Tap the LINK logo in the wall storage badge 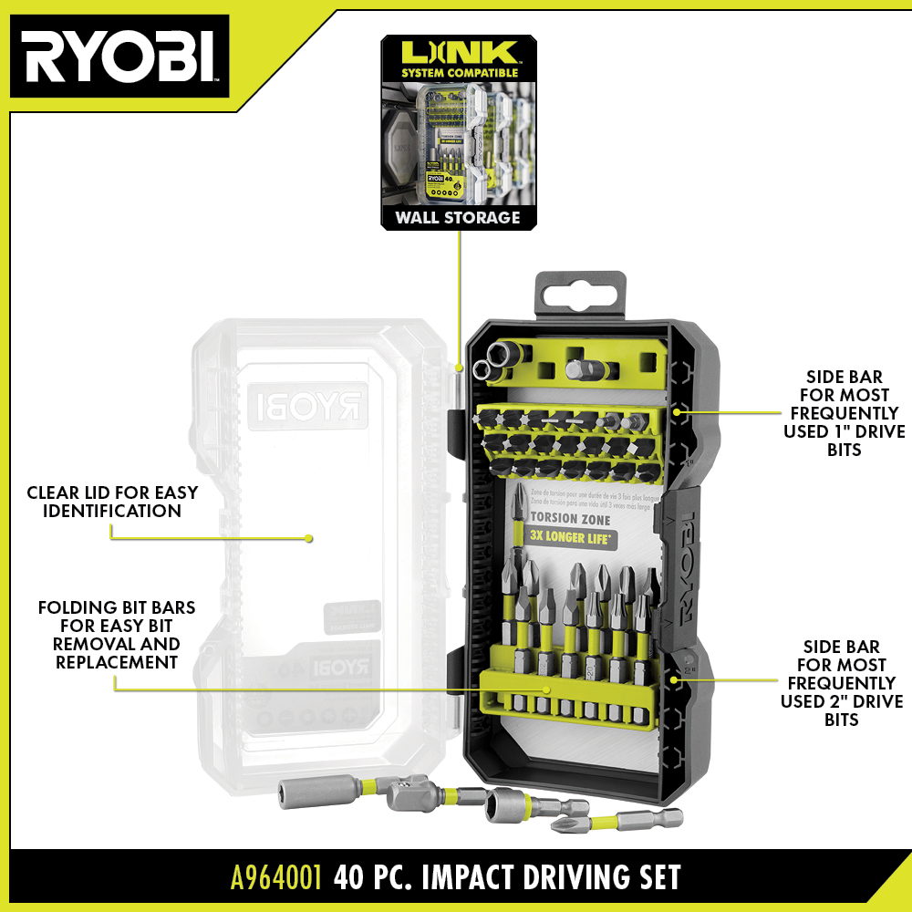click(458, 52)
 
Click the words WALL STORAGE click(458, 217)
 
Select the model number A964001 click(275, 877)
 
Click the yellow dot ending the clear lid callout click(309, 538)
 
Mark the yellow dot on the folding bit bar click(547, 689)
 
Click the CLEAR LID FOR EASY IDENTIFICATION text click(112, 502)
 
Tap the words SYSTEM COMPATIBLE click(458, 72)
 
